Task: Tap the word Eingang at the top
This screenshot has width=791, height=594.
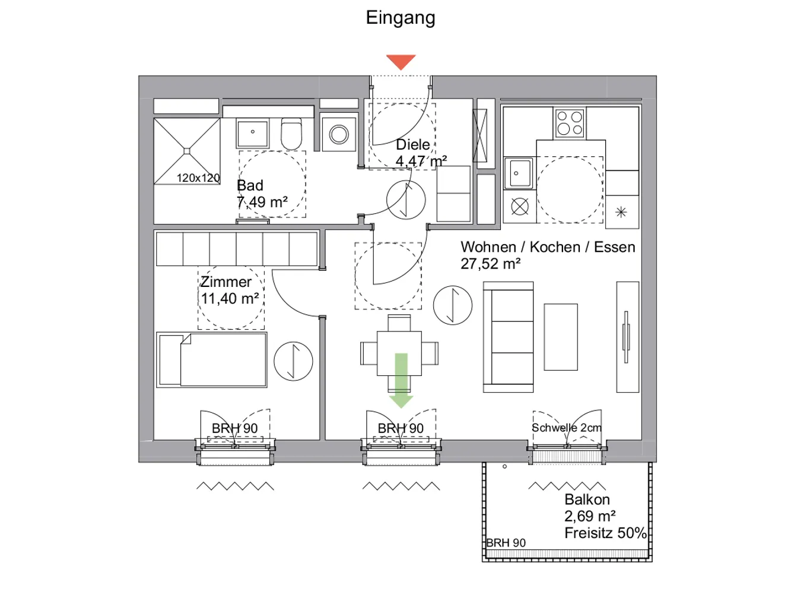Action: point(401,18)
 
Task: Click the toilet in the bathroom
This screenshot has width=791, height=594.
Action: point(291,134)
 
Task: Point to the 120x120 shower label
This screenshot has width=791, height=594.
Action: point(198,178)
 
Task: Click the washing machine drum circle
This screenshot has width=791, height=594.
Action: point(339,134)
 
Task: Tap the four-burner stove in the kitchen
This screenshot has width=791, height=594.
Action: point(570,122)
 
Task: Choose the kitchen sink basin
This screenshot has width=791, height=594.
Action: point(519,173)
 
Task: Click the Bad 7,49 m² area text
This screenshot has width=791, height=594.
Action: point(262,194)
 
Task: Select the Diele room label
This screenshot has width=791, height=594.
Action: point(412,144)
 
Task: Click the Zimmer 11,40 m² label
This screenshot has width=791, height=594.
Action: point(230,290)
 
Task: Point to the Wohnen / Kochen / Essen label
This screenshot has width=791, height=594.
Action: point(548,247)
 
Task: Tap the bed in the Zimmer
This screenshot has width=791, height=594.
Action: point(212,360)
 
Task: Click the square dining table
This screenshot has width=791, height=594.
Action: point(399,353)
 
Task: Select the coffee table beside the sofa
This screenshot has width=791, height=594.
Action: point(561,337)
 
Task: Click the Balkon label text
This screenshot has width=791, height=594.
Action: point(587,500)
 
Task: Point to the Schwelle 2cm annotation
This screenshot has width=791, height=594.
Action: point(567,428)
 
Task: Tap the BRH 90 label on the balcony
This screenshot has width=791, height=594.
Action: point(506,543)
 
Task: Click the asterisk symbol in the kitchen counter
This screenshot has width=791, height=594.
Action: point(621,212)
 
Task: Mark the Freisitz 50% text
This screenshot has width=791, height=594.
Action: point(605,533)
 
